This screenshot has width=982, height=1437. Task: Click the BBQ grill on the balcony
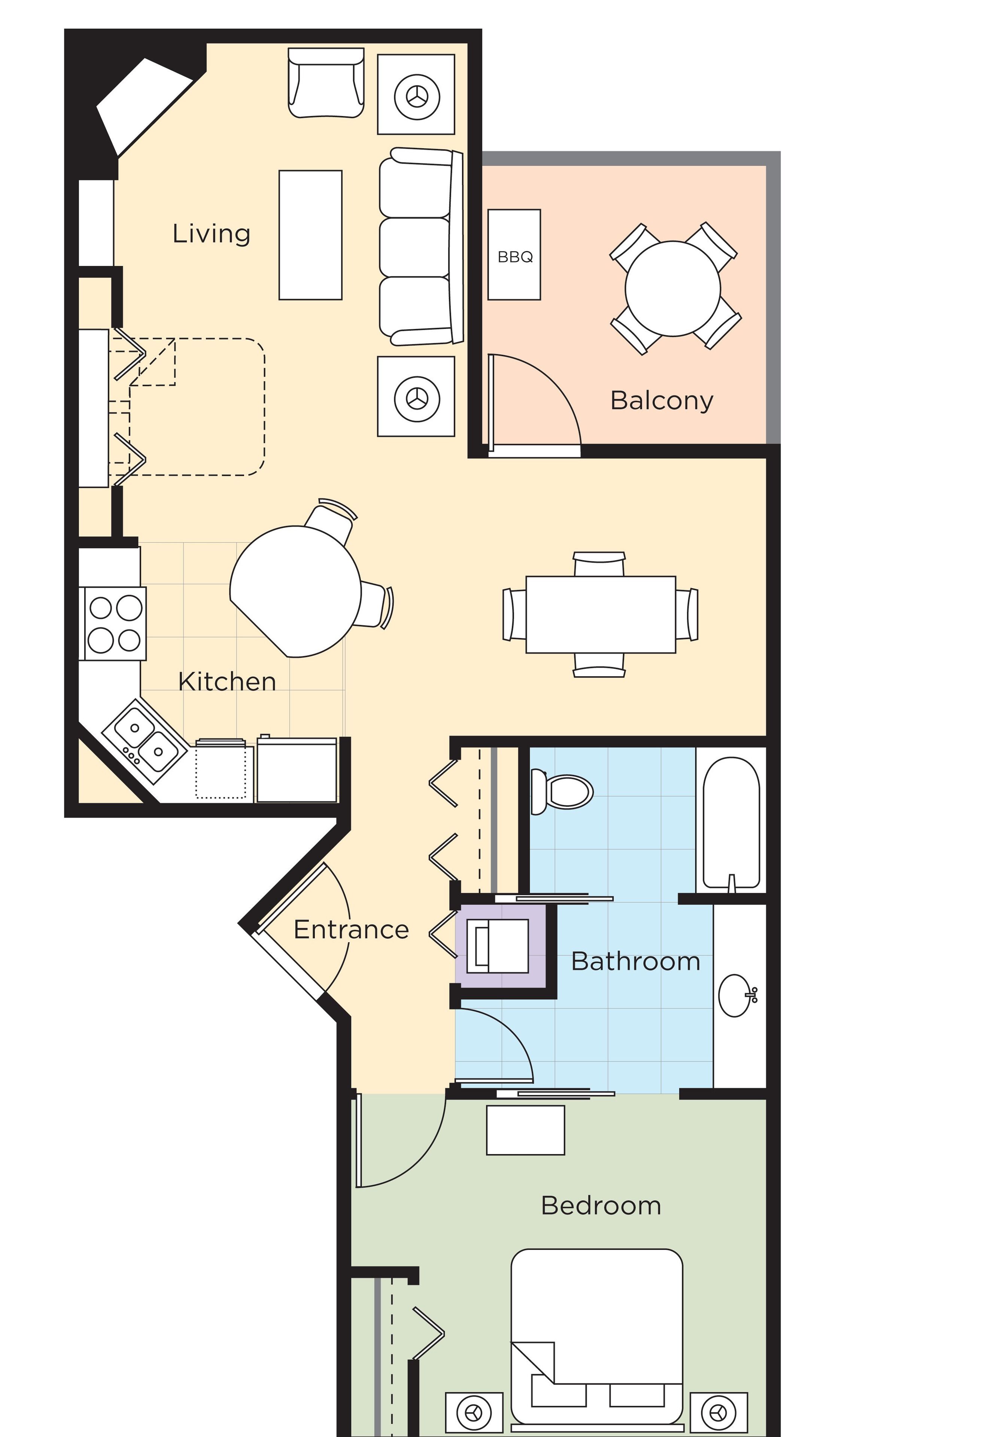[514, 255]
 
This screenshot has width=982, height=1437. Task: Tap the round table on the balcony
[673, 289]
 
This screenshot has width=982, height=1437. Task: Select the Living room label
[211, 234]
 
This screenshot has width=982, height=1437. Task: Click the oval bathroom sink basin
[736, 995]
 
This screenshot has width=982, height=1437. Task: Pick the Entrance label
[351, 929]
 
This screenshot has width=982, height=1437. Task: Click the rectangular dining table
[600, 614]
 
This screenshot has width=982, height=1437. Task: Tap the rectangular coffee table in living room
[310, 235]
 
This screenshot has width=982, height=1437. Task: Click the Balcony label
[662, 401]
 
